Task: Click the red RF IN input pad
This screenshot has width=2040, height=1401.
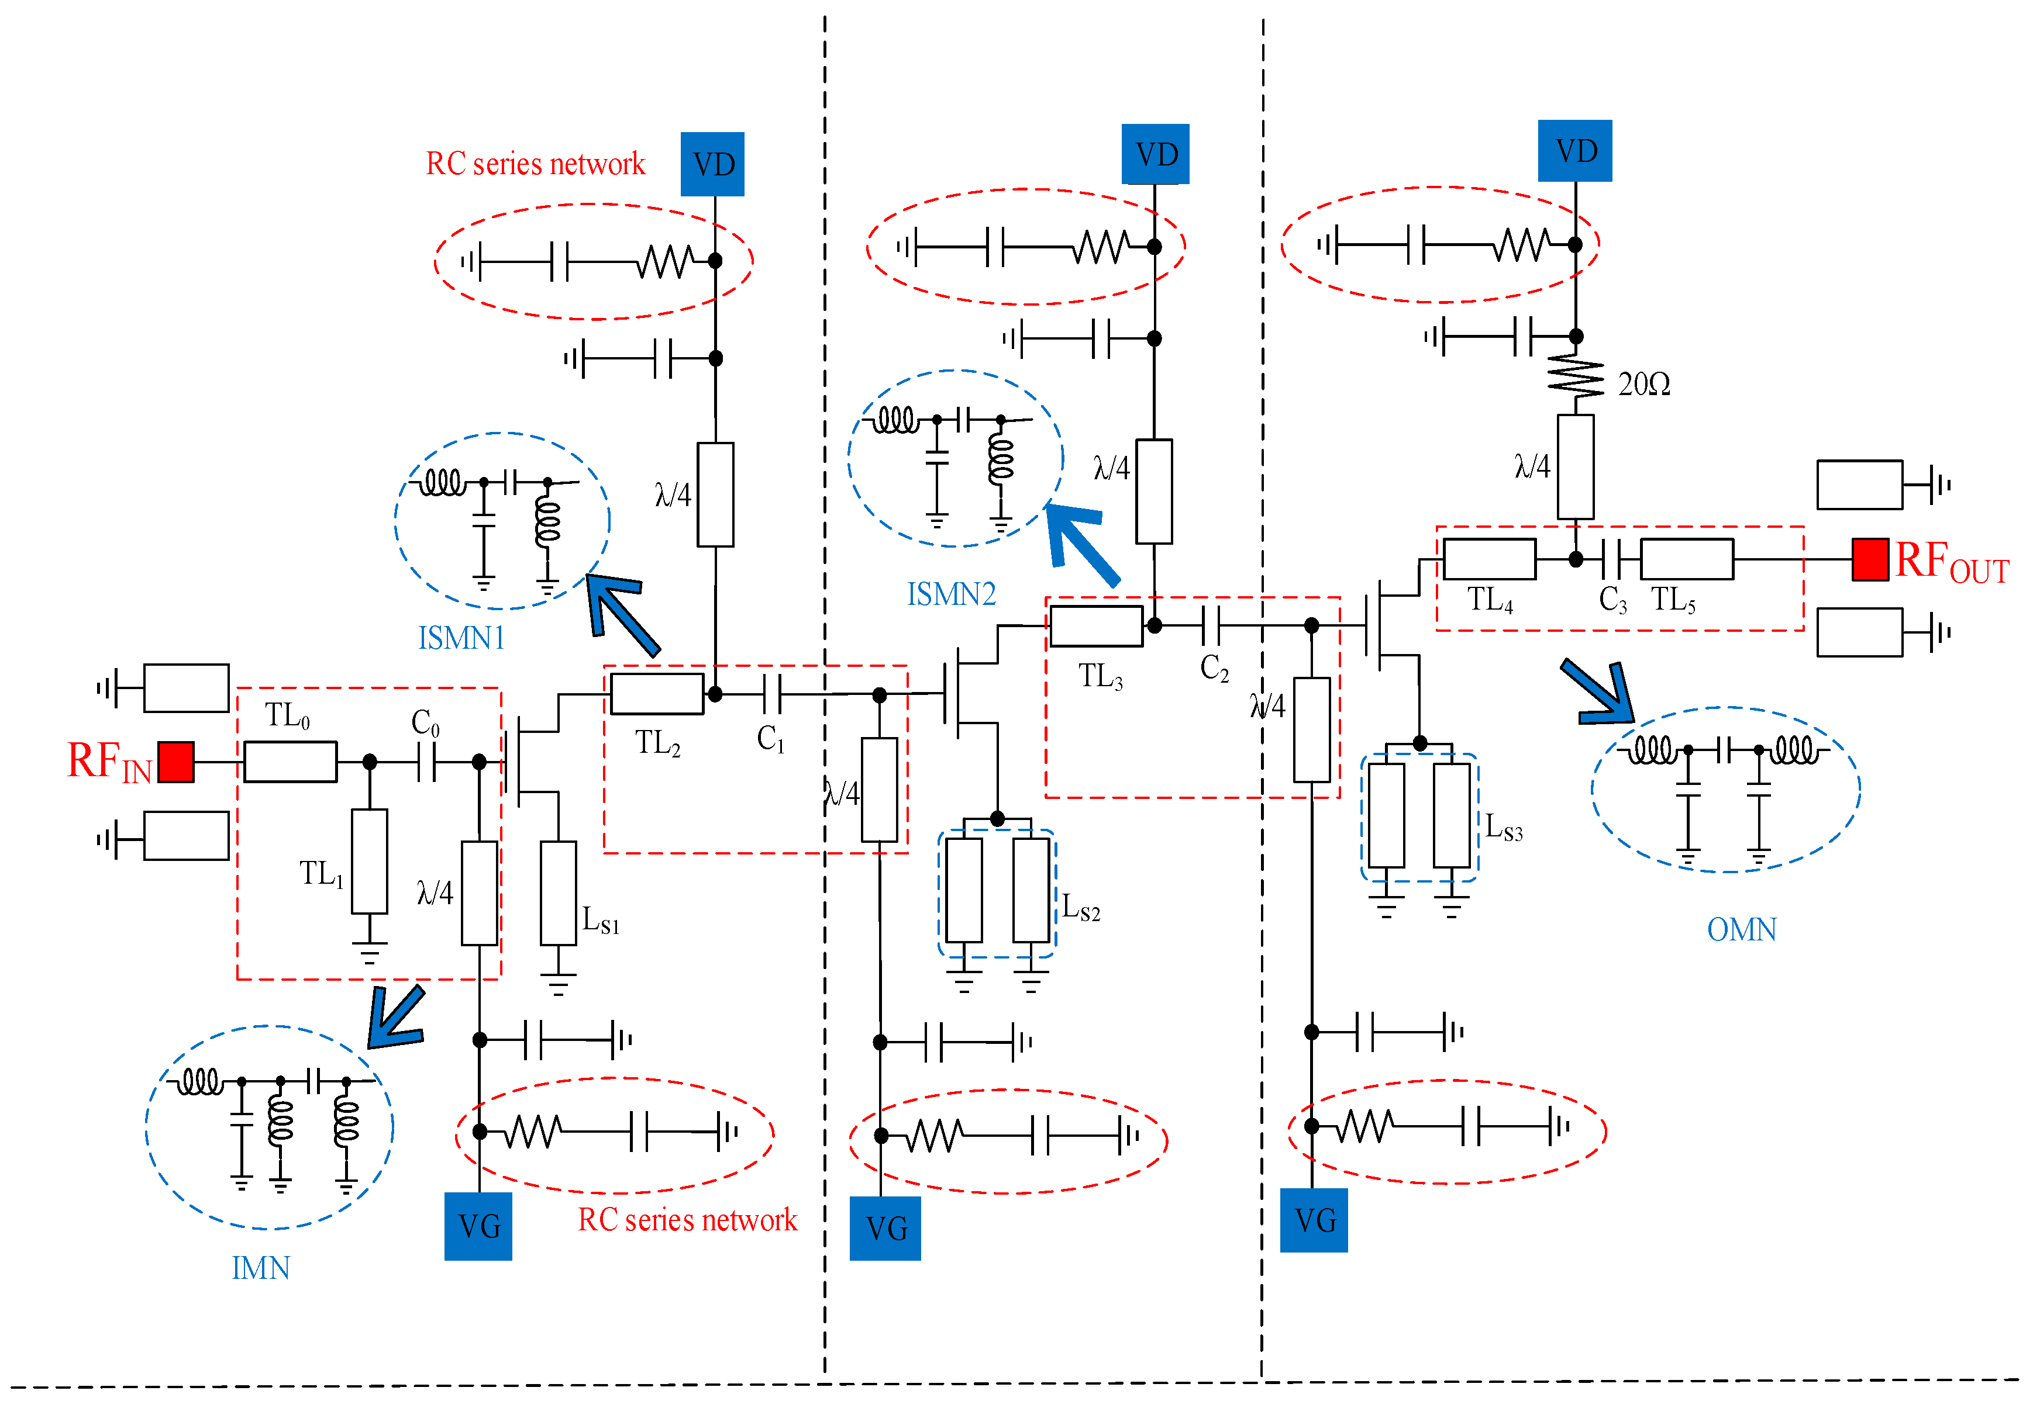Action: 175,762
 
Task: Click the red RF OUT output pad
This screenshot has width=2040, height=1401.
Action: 1870,559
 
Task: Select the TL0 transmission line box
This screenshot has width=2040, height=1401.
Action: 290,762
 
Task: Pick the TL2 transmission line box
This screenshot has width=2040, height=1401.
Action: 657,693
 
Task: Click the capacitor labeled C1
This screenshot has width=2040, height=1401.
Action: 772,694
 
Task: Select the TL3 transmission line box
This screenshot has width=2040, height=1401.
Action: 1096,626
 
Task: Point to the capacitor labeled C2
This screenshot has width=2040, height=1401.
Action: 1211,625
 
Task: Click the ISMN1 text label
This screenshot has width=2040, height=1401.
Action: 462,638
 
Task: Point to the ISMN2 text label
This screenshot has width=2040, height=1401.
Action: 951,594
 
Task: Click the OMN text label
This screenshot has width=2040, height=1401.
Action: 1741,929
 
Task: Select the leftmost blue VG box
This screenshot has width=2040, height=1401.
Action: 478,1226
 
